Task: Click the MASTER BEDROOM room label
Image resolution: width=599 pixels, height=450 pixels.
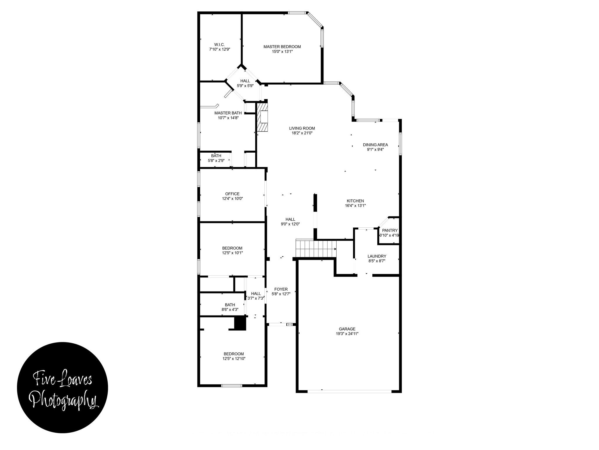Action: (282, 47)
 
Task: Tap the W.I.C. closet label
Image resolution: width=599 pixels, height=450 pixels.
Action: (219, 45)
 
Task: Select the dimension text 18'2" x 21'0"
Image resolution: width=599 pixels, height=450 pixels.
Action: (302, 133)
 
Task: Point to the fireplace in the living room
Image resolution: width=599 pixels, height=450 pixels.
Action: (262, 117)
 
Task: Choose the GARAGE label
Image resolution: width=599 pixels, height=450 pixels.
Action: (347, 329)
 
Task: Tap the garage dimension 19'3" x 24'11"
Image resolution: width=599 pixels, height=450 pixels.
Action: (347, 334)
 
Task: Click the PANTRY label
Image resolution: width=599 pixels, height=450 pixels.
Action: (390, 231)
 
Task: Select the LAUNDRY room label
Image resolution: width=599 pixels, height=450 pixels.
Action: (377, 256)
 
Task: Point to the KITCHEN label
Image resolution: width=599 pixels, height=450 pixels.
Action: (355, 201)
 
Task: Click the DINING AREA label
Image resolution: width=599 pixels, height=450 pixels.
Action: (375, 145)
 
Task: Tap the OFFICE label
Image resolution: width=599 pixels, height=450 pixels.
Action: (232, 194)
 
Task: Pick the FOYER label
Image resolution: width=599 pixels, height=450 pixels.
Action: (281, 289)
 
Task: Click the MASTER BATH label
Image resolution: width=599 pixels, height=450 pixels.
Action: (228, 113)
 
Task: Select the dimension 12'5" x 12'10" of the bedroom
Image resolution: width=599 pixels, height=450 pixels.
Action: (234, 358)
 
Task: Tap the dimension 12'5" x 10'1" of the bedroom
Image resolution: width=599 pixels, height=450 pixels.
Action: (232, 253)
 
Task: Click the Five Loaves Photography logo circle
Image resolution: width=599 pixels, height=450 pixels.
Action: (63, 387)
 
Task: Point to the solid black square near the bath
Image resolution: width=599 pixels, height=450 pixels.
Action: (240, 323)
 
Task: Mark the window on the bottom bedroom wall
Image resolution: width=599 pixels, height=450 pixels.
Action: (232, 386)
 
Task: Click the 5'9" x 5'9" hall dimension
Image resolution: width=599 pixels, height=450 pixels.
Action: (245, 86)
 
